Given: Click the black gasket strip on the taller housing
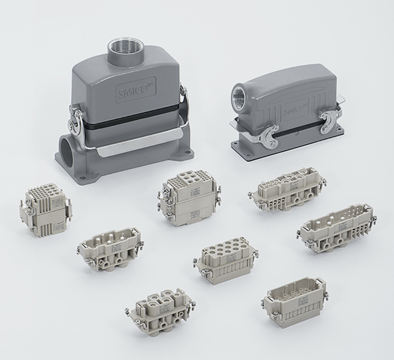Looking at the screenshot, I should (129, 118).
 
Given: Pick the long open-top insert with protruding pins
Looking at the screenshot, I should (335, 228).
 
